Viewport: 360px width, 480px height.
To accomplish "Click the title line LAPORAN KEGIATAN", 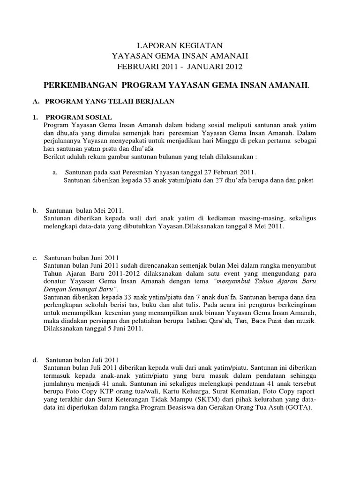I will pos(180,46).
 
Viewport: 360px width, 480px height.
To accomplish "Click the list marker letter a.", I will pos(54,172).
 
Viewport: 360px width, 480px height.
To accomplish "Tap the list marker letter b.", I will pos(35,210).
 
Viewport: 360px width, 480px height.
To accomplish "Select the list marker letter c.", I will pos(35,258).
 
